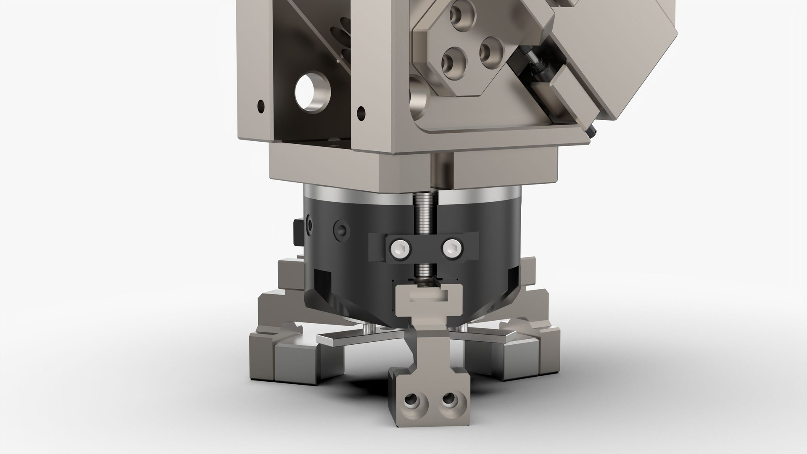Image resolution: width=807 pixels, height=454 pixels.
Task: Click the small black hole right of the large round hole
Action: [361, 111]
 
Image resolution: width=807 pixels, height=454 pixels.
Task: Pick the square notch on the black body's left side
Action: [322, 278]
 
